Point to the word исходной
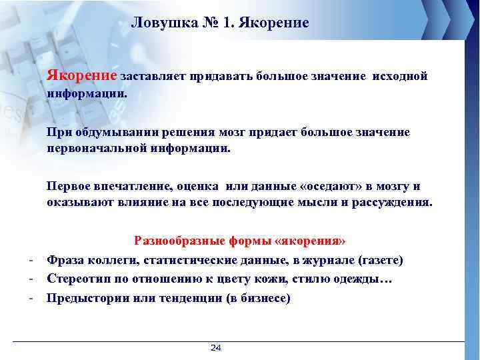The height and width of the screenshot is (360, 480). (x=399, y=77)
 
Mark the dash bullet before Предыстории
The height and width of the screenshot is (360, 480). (x=31, y=297)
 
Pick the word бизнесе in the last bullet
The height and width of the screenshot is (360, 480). (x=265, y=298)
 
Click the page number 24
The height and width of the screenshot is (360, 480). (x=215, y=348)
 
